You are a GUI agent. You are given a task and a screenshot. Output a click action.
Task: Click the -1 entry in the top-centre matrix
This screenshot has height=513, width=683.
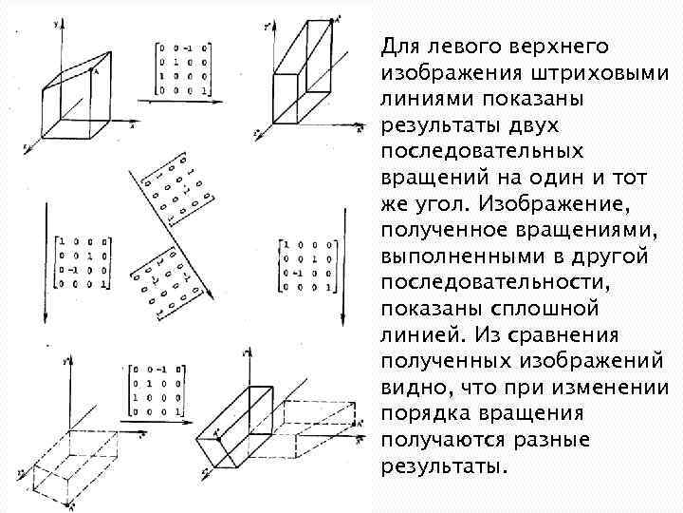(x=190, y=48)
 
